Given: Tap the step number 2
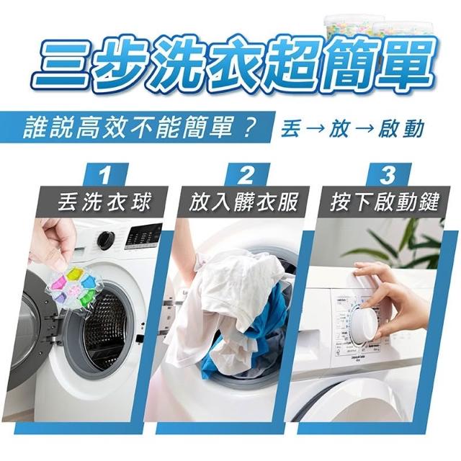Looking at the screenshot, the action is [246, 176].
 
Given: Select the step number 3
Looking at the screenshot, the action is [388, 176].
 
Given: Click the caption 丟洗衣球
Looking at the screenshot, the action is [105, 202].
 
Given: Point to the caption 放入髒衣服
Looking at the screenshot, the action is [243, 202].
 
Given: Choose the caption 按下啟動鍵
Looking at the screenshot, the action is [384, 202].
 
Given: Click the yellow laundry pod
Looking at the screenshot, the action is [74, 274].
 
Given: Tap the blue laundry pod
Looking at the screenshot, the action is [88, 282].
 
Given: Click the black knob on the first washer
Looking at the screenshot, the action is [106, 240].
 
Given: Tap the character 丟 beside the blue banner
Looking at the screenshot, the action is [290, 128].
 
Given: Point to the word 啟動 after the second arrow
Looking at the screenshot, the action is [401, 128].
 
